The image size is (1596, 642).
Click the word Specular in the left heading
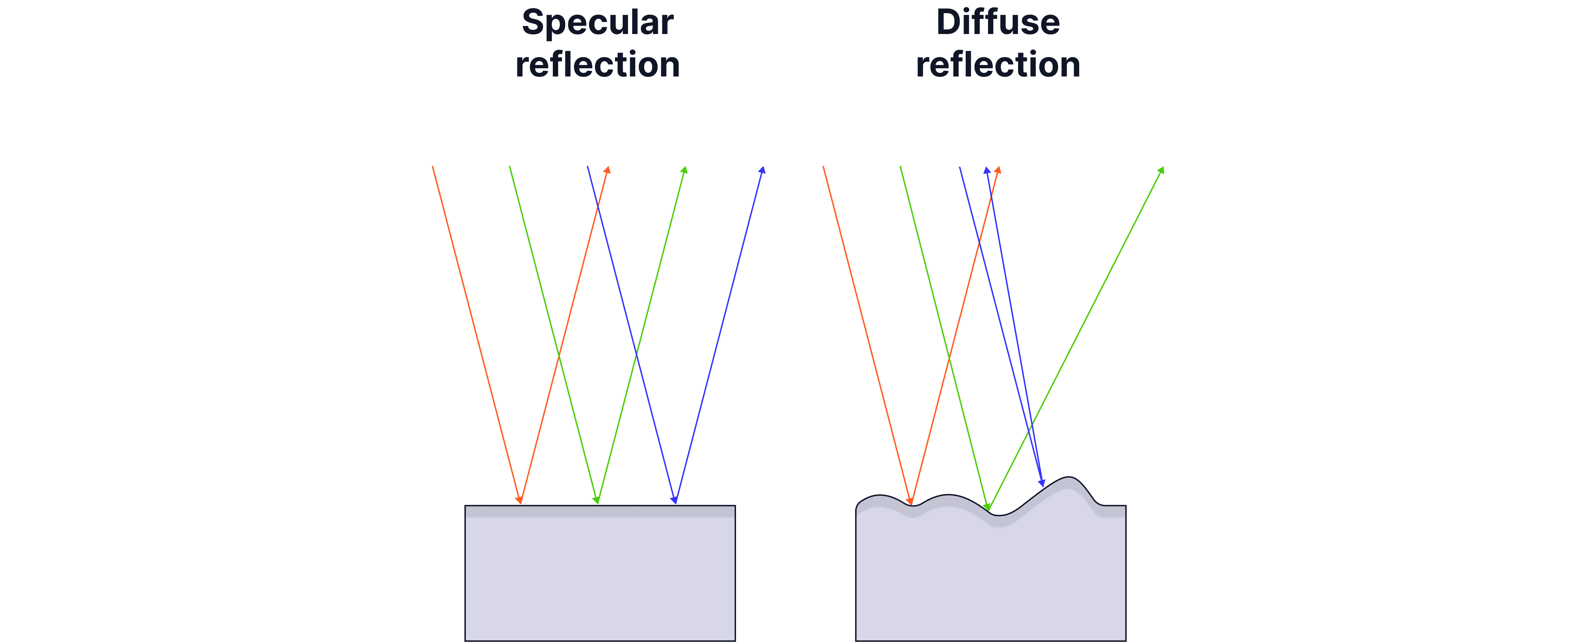pyautogui.click(x=597, y=23)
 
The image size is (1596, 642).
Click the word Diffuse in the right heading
pyautogui.click(x=998, y=22)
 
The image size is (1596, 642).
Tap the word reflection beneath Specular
pyautogui.click(x=597, y=65)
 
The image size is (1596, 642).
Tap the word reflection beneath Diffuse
pyautogui.click(x=998, y=65)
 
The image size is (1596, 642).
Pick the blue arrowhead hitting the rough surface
pyautogui.click(x=1042, y=483)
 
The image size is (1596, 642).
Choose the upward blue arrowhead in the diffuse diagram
pyautogui.click(x=986, y=171)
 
